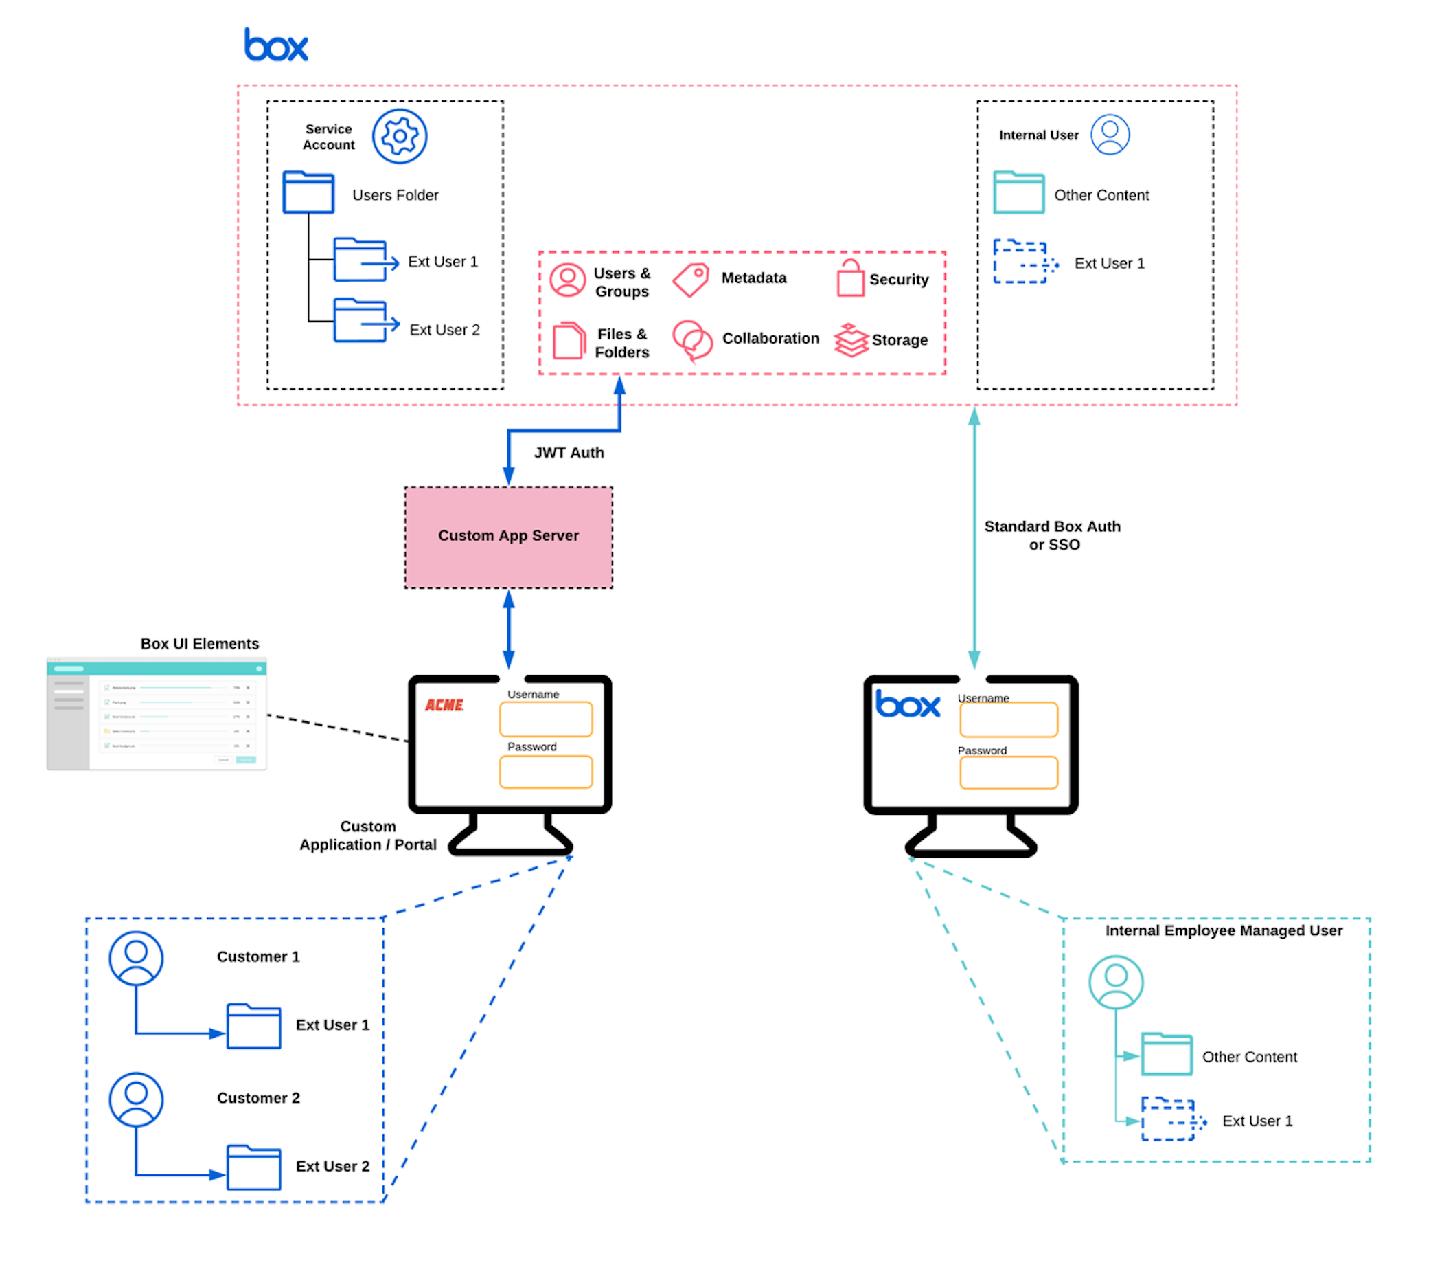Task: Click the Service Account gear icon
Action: coord(400,135)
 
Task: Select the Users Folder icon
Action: coord(308,192)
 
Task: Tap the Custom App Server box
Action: coord(508,537)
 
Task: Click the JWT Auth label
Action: coord(569,453)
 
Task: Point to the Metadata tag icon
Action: coord(690,280)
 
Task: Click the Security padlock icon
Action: coord(850,278)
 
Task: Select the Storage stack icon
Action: coord(851,340)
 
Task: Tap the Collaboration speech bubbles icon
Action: coord(692,340)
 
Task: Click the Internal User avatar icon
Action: coord(1110,134)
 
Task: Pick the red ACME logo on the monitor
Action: coord(444,705)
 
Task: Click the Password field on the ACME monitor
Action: coord(545,772)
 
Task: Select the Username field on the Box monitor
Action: coord(1008,719)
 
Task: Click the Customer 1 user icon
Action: coord(136,958)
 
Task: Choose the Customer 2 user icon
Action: coord(136,1099)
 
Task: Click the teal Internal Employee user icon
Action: coord(1115,982)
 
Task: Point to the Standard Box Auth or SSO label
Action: coord(1052,535)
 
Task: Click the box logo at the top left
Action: coord(276,45)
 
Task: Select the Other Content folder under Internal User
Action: coord(1018,192)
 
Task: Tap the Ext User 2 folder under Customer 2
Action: coord(254,1167)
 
